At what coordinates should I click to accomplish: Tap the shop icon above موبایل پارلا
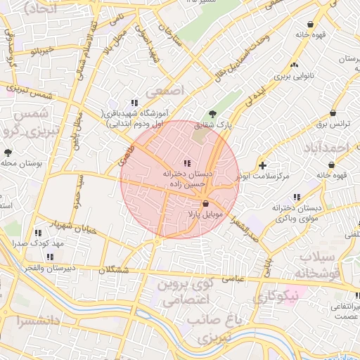pos(205,202)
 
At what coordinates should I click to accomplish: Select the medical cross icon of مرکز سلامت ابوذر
pos(262,166)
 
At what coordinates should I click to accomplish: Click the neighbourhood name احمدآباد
pos(328,148)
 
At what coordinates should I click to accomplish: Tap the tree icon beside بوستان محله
pos(8,152)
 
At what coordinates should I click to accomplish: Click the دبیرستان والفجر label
pos(33,269)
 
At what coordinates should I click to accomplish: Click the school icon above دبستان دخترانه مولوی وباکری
pos(297,196)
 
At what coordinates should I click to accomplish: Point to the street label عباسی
pos(233,279)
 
